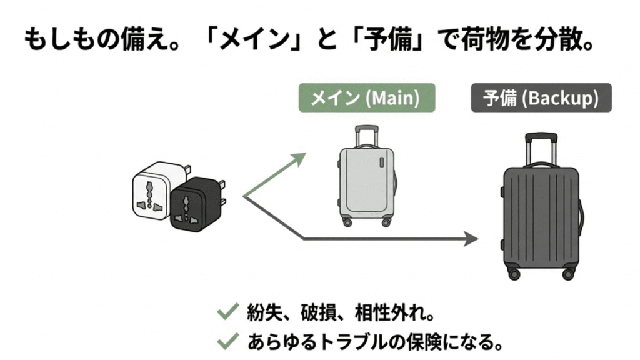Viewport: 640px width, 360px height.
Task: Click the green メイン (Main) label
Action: (366, 99)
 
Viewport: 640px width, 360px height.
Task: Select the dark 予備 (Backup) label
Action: (541, 99)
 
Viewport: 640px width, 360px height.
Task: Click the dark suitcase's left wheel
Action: (514, 273)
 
